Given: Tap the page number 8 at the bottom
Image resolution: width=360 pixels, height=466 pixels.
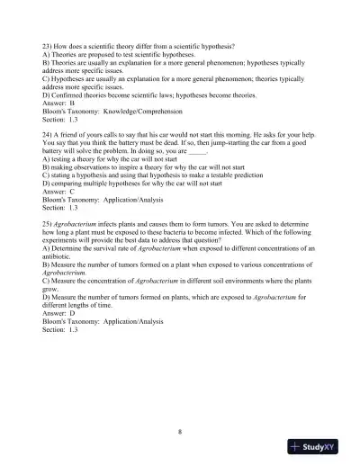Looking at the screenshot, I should [180, 432].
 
